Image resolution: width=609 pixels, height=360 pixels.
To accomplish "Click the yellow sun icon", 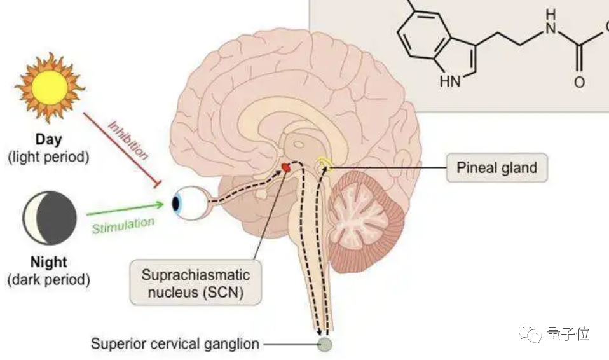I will (50, 87).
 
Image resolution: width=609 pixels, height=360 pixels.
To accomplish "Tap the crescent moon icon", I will (50, 219).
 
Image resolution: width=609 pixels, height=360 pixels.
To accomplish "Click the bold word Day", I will (49, 139).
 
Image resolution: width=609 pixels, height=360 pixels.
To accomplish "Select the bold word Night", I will (48, 262).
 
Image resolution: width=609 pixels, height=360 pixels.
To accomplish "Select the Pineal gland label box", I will (496, 168).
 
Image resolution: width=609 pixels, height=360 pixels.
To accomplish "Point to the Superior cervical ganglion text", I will (175, 344).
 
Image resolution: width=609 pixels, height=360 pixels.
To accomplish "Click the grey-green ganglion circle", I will (325, 345).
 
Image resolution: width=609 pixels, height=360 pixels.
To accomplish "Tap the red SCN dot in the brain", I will (286, 167).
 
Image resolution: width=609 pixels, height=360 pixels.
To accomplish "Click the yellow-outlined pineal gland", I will (327, 165).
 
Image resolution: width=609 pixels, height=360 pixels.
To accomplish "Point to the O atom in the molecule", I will (579, 82).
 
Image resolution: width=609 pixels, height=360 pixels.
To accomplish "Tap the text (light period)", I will (48, 156).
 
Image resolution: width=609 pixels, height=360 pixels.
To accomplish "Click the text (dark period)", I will (48, 279).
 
